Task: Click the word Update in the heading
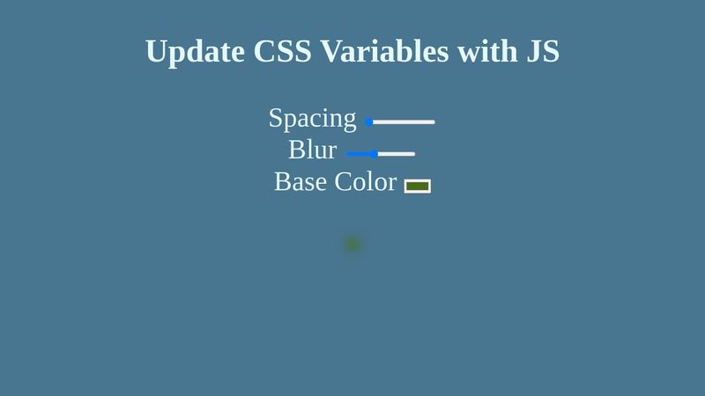pos(195,51)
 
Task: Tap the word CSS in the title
pos(283,51)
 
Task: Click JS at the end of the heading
pos(543,51)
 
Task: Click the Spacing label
pos(312,118)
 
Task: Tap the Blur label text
pos(312,150)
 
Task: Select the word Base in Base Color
pos(300,181)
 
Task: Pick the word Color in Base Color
pos(365,181)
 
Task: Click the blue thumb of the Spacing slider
pos(369,122)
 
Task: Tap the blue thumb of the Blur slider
pos(375,154)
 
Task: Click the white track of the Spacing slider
pos(405,122)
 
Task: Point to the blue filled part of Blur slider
pos(359,154)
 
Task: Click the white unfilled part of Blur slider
pos(397,154)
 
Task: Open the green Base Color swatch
pos(418,186)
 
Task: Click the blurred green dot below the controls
pos(352,244)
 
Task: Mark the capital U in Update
pos(157,51)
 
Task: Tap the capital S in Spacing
pos(275,118)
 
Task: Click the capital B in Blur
pos(296,150)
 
